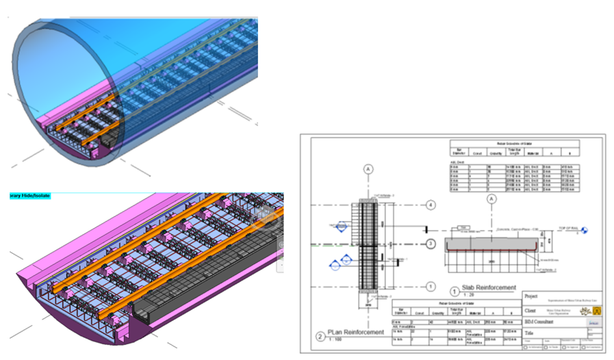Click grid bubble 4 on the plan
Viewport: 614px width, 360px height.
click(431, 205)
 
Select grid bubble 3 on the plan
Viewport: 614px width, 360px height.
click(431, 244)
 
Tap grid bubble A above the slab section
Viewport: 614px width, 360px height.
click(490, 200)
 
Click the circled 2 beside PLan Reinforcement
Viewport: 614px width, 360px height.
click(320, 335)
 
